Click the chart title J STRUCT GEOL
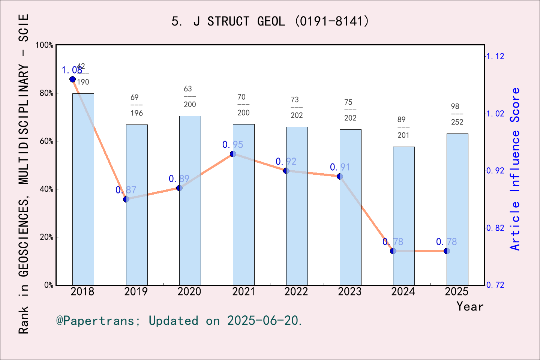tap(270, 21)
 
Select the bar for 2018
tap(83, 189)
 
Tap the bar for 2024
tap(403, 216)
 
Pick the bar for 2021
tap(243, 204)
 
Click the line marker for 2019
tap(126, 199)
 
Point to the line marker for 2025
tap(447, 251)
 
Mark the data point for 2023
tap(340, 176)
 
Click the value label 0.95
tap(232, 145)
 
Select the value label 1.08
tap(72, 70)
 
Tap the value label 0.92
tap(286, 162)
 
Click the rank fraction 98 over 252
tap(457, 114)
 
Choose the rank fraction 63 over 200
tap(189, 97)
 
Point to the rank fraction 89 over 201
tap(403, 127)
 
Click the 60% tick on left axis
tap(46, 141)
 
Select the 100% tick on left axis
tap(45, 45)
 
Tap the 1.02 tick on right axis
tap(495, 114)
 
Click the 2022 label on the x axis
tap(296, 292)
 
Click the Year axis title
tap(469, 307)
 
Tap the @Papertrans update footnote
tap(179, 321)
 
